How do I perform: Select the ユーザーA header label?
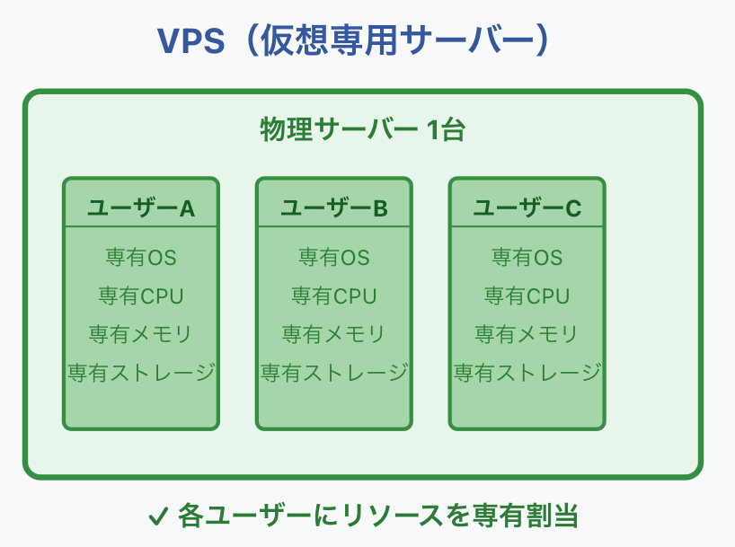point(141,208)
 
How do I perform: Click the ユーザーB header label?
point(334,208)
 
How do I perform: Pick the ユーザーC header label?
point(527,208)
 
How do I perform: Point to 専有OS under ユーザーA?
point(141,258)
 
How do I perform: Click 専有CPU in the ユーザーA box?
point(141,296)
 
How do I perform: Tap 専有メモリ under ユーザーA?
point(141,334)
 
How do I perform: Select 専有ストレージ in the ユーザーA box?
point(141,372)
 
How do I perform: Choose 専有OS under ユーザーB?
point(334,258)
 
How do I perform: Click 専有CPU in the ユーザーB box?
point(334,296)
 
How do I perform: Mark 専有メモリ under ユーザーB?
point(334,334)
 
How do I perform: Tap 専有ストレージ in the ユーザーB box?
point(334,372)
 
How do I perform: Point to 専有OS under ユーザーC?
point(527,258)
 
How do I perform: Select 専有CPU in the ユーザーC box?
point(527,296)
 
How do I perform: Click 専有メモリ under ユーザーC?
point(527,334)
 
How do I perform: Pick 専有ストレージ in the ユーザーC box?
point(527,372)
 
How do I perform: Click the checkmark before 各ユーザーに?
point(158,516)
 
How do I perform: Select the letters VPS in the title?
point(191,41)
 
